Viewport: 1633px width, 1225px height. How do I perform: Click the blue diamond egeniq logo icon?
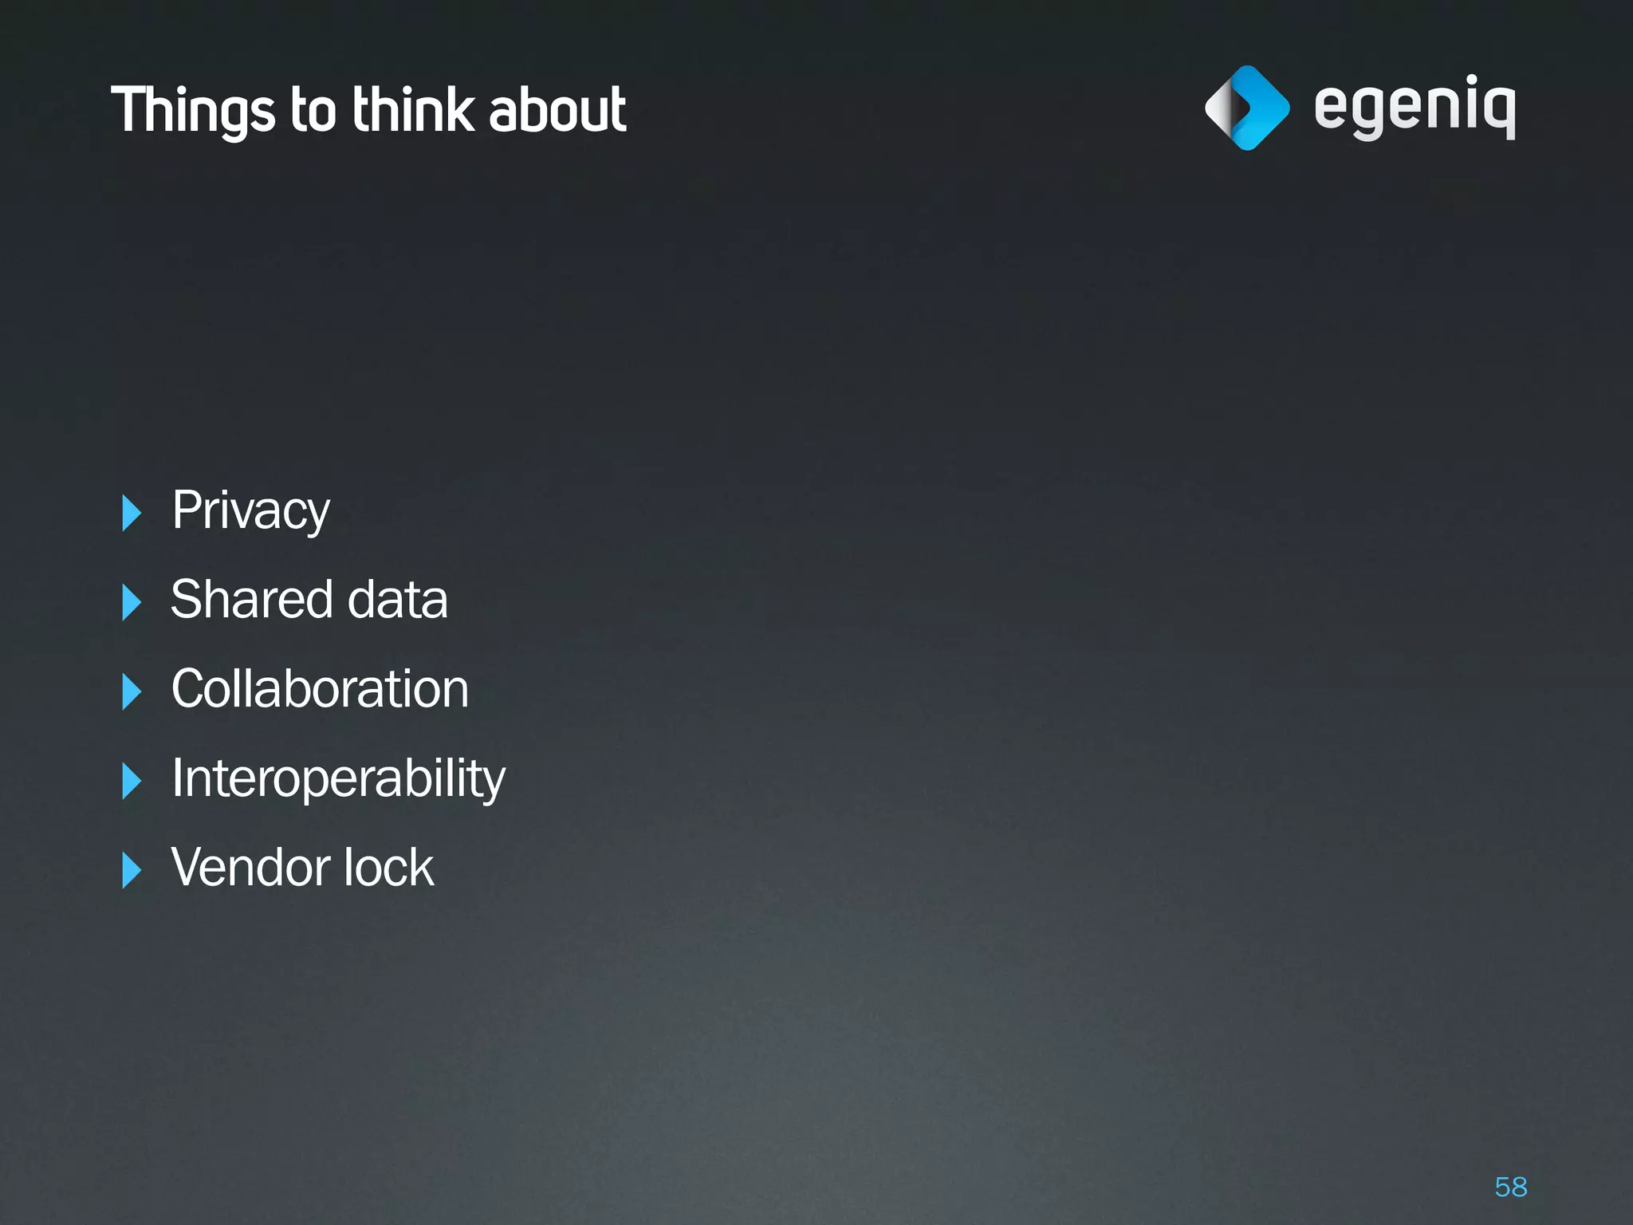click(x=1247, y=108)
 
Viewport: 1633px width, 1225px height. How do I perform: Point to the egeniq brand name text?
click(x=1415, y=108)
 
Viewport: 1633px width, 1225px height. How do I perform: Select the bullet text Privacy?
click(x=250, y=510)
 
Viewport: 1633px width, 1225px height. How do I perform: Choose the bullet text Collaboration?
click(x=320, y=689)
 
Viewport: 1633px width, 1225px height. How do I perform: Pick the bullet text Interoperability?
click(x=338, y=778)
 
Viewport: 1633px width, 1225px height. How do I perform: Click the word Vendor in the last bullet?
click(x=246, y=867)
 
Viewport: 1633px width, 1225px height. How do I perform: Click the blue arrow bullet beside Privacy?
click(x=132, y=513)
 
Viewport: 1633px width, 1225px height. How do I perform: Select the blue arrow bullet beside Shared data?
click(x=132, y=602)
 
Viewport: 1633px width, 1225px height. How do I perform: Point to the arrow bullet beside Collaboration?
click(x=132, y=691)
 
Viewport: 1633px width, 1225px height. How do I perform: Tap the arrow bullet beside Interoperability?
click(x=132, y=781)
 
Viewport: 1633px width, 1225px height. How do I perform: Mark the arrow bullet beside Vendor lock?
click(x=132, y=870)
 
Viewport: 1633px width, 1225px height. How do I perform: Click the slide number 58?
click(x=1511, y=1187)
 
